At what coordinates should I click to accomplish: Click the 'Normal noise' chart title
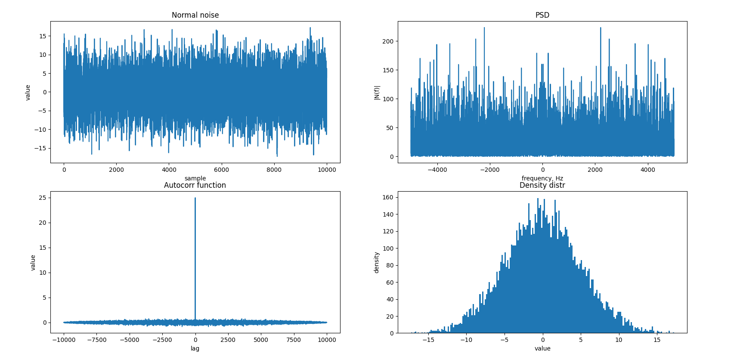[x=195, y=15]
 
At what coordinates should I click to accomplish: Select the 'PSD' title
[x=542, y=15]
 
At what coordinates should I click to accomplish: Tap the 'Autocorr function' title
[x=195, y=185]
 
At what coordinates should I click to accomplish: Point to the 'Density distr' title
[x=542, y=185]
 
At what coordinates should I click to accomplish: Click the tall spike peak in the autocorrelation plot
[x=195, y=199]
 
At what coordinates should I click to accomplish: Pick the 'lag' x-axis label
[x=195, y=348]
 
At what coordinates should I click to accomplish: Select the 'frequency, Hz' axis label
[x=542, y=178]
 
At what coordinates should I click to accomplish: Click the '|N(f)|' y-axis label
[x=377, y=92]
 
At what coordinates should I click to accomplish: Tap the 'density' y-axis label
[x=377, y=262]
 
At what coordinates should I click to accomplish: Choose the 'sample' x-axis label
[x=195, y=178]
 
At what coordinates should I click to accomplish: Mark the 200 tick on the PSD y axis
[x=388, y=41]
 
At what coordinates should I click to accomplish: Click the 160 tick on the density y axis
[x=388, y=197]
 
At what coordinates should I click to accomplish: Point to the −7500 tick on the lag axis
[x=96, y=340]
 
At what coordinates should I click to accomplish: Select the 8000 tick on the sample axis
[x=274, y=170]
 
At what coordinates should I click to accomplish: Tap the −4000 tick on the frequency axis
[x=437, y=170]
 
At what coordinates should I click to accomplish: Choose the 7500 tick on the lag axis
[x=294, y=340]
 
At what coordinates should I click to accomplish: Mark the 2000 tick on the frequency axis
[x=595, y=170]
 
